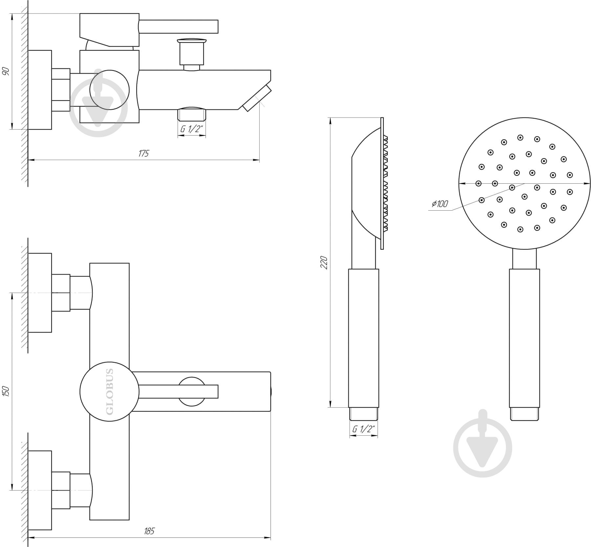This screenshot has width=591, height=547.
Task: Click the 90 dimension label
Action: [x=6, y=71]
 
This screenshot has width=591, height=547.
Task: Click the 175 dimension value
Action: [x=143, y=153]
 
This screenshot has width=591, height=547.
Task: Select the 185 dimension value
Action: [x=149, y=531]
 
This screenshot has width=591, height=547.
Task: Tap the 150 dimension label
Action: [x=6, y=391]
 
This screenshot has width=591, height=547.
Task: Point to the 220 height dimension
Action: [x=324, y=262]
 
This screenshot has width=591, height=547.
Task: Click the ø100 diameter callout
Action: [x=440, y=204]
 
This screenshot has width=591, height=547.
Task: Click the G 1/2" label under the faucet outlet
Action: [x=191, y=129]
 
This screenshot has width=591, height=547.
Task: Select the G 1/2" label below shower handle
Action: [x=363, y=429]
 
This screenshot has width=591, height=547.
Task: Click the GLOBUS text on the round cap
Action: [x=110, y=391]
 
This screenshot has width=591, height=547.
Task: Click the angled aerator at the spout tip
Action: [x=257, y=98]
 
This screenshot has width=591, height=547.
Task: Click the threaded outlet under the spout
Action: [x=192, y=115]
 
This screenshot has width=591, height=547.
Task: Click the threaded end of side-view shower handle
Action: [x=363, y=414]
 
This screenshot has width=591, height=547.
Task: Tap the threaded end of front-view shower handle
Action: [x=524, y=414]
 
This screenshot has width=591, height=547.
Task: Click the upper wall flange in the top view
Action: [x=40, y=293]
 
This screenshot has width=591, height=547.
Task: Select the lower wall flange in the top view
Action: [x=40, y=490]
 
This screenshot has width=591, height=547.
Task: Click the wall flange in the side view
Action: [x=40, y=90]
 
